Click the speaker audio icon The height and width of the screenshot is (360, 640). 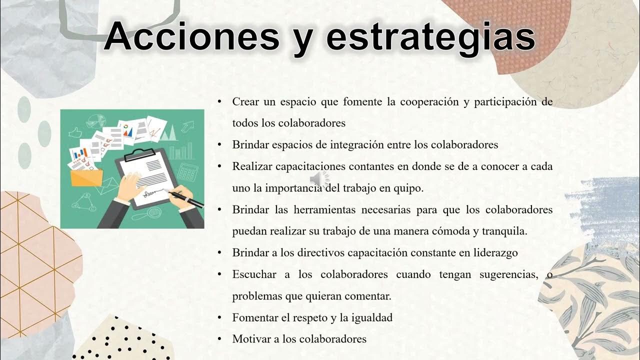coord(319,179)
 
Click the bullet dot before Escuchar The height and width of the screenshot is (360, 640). coord(219,274)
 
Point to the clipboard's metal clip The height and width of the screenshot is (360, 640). coord(136,154)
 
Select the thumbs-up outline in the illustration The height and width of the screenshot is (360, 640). coord(75,132)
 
